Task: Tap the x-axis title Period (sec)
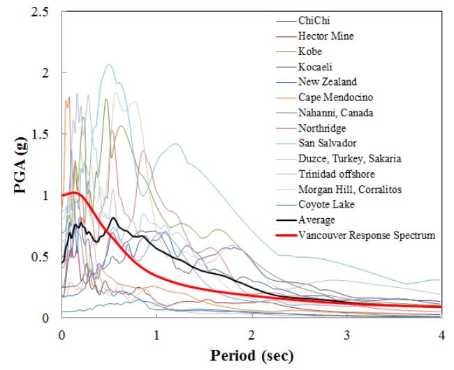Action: pyautogui.click(x=251, y=356)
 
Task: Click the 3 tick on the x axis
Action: pyautogui.click(x=347, y=332)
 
